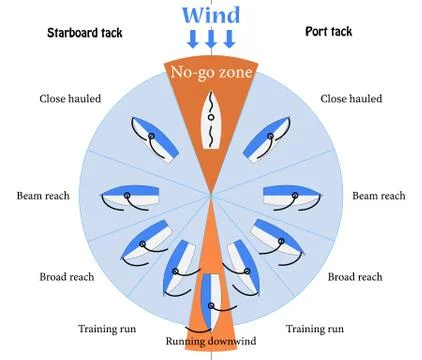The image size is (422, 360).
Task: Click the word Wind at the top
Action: [210, 15]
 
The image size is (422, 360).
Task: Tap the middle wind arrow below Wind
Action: [210, 39]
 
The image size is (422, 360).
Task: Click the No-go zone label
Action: [210, 72]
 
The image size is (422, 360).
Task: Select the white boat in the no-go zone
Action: [211, 120]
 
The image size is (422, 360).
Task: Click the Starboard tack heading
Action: [85, 32]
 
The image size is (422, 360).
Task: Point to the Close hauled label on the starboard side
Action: [70, 98]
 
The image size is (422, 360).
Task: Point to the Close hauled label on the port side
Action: [351, 98]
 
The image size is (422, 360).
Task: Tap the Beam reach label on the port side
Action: [377, 196]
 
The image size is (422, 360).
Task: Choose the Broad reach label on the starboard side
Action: [70, 277]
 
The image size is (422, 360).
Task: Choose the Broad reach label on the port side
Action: [355, 277]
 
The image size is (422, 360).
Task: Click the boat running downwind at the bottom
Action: [211, 298]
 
